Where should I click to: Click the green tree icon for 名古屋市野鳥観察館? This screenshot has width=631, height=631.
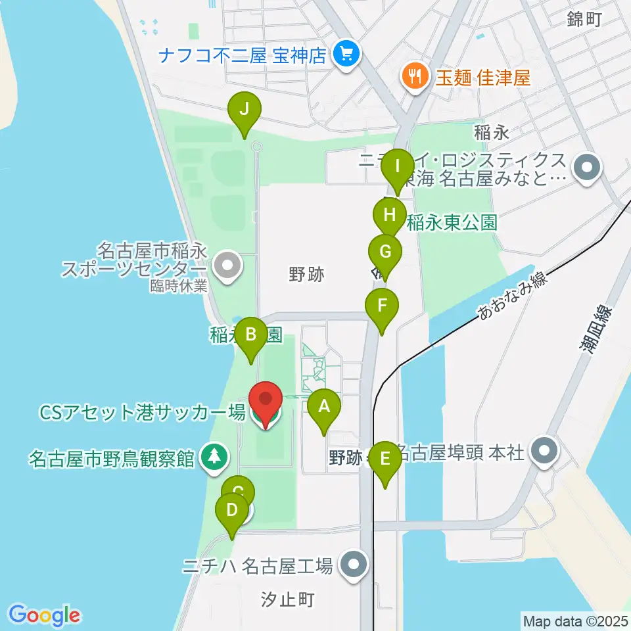214,457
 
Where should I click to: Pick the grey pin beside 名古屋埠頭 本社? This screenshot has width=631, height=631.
546,452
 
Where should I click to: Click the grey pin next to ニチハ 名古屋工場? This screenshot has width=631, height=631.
354,565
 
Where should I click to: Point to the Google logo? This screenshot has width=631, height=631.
45,615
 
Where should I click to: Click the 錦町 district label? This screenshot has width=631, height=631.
584,20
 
